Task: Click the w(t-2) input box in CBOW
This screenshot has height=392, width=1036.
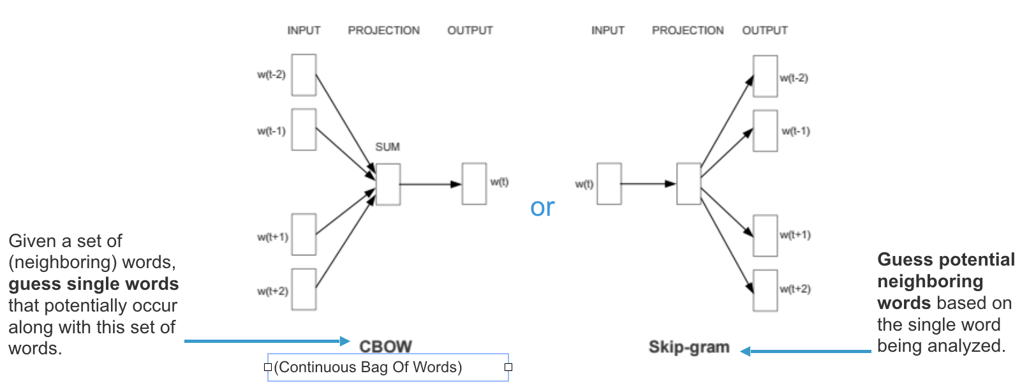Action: [304, 75]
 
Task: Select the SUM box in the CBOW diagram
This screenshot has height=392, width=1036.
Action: [388, 185]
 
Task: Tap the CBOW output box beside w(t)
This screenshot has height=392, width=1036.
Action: [474, 184]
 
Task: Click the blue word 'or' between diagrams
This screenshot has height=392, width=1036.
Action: [542, 207]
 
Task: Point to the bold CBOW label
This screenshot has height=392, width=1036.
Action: [385, 346]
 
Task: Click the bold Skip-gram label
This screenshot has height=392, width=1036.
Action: [689, 347]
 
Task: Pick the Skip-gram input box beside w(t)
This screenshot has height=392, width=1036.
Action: [609, 184]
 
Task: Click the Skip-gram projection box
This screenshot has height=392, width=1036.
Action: [688, 184]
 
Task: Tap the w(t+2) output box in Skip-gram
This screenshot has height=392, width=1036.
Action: [765, 290]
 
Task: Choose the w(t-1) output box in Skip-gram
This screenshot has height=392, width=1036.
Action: [765, 131]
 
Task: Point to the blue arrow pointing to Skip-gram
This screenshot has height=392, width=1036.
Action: [806, 351]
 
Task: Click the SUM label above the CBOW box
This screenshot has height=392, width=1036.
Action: [387, 147]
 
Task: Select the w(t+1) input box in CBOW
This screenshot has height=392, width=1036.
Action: [304, 234]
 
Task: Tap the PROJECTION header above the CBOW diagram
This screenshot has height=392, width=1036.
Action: [383, 30]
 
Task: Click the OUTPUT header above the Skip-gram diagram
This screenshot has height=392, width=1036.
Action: [764, 30]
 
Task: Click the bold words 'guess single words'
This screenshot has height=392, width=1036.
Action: [94, 284]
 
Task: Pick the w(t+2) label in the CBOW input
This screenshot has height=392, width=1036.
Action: [272, 291]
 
